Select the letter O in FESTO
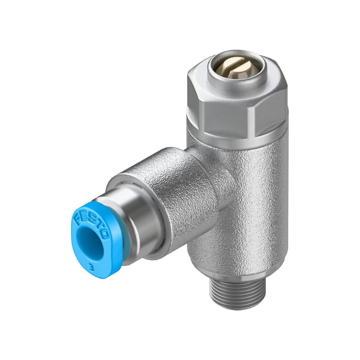(107, 234)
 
